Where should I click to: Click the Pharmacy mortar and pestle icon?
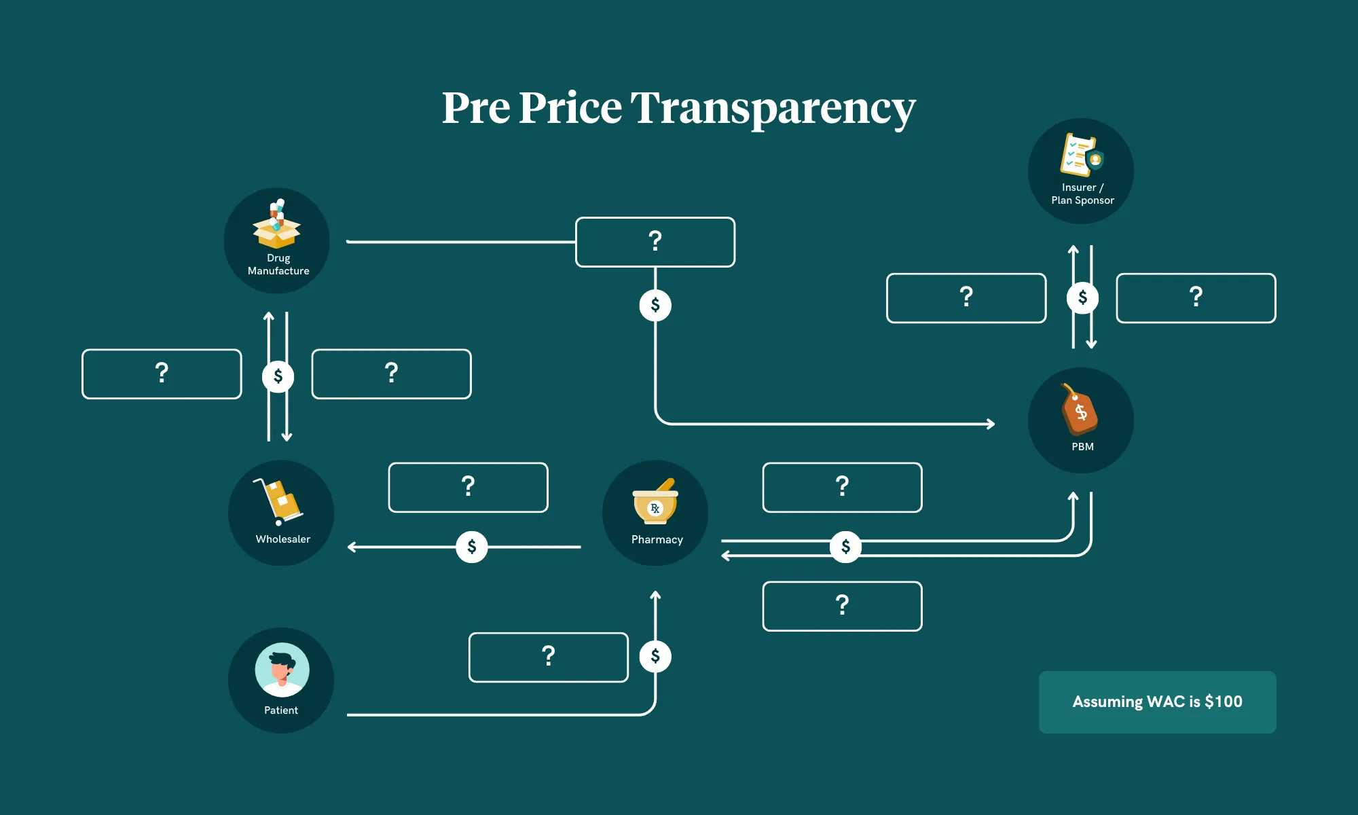[655, 503]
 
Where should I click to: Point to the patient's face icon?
[282, 670]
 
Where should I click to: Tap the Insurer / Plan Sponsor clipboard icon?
[1082, 155]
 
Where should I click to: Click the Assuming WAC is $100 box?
[1157, 702]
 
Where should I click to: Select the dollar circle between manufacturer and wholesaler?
[278, 376]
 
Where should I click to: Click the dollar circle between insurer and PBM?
[1082, 297]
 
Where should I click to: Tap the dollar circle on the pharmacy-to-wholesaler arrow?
[472, 547]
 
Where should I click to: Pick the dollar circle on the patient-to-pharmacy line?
[655, 656]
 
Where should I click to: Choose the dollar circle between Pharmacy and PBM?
[845, 547]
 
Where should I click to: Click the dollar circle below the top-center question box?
[655, 305]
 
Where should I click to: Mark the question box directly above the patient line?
[549, 657]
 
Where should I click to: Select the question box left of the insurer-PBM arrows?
[966, 297]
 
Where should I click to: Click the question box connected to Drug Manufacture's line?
[655, 242]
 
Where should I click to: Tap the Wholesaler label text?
[283, 539]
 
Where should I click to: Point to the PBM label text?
[1082, 447]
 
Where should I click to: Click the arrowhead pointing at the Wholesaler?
[352, 547]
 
